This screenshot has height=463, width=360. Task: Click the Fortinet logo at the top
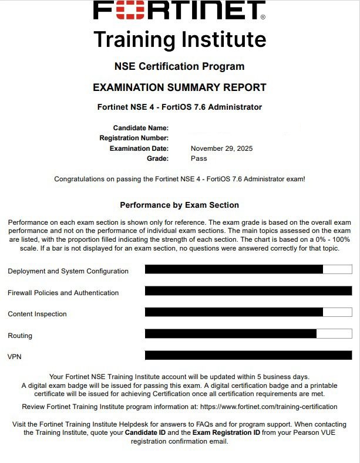click(x=180, y=11)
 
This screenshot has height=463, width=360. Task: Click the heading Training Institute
click(x=180, y=39)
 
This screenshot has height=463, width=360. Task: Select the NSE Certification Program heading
click(x=180, y=66)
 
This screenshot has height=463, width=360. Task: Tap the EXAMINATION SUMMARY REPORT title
click(x=180, y=87)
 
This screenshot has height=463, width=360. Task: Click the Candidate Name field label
click(x=141, y=128)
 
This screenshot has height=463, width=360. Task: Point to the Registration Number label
click(x=134, y=138)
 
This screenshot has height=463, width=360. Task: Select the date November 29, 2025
click(x=221, y=148)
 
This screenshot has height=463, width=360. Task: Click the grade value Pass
click(x=198, y=158)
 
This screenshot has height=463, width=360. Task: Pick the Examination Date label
click(x=139, y=148)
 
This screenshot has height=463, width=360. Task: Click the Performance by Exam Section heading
click(x=180, y=205)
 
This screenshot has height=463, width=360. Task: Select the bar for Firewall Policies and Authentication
click(x=248, y=290)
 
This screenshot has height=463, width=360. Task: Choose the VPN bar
click(x=248, y=355)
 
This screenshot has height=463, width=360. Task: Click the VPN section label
click(x=14, y=357)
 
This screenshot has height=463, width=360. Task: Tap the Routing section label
click(x=20, y=336)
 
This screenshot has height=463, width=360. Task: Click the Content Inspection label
click(x=37, y=314)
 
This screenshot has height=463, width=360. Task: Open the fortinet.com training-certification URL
click(x=268, y=407)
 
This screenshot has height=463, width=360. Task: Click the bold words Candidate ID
click(x=144, y=432)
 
